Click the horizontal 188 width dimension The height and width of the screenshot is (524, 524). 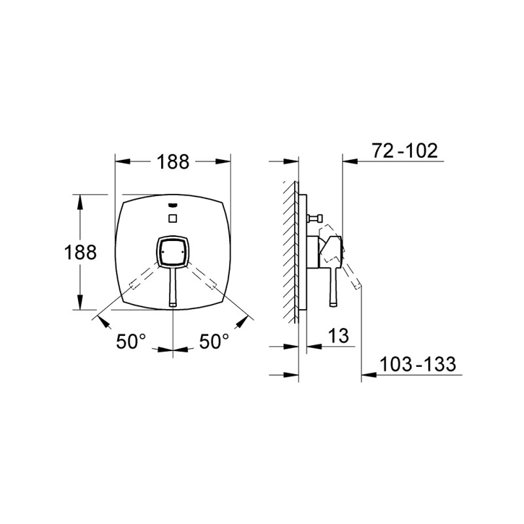pos(173,162)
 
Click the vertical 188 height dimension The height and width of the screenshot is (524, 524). pos(80,252)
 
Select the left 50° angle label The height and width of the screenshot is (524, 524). pos(131,341)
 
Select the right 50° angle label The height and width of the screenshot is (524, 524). pos(214,341)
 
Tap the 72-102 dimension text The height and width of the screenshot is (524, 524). pos(405,151)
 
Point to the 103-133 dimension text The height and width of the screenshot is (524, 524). pos(418,364)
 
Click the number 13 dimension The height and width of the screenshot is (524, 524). pos(338,335)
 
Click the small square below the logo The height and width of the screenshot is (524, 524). pos(173,219)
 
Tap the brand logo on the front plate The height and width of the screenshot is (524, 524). pos(173,206)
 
